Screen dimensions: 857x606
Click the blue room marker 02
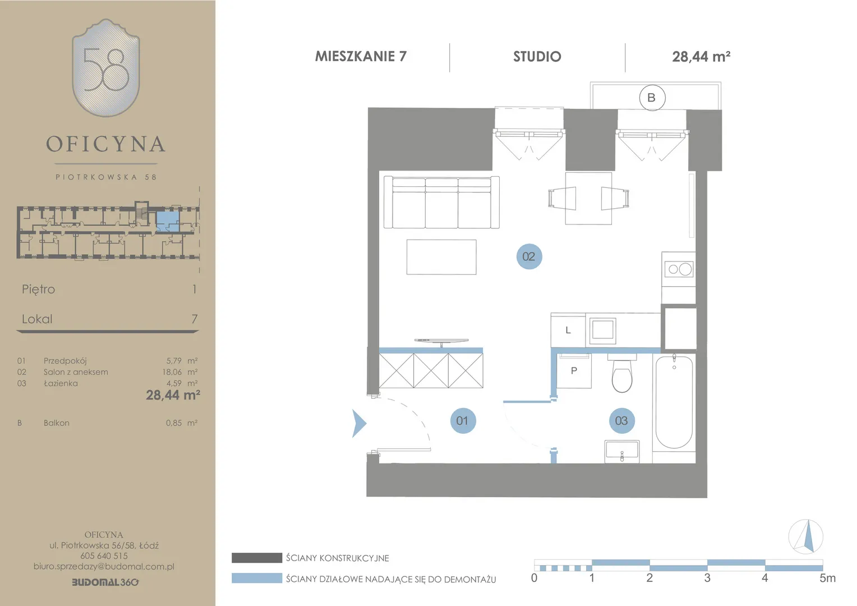(x=529, y=256)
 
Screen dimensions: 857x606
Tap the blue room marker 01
(x=463, y=421)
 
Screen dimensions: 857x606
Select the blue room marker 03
(x=621, y=421)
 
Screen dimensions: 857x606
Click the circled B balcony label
(x=652, y=98)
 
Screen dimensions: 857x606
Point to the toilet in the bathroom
(x=622, y=373)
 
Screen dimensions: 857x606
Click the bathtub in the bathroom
(x=674, y=402)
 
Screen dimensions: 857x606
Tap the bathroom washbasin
(x=622, y=451)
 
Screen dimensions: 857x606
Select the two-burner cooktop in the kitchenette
(x=679, y=269)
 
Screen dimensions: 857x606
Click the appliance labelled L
(x=568, y=330)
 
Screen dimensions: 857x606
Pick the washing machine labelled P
(x=574, y=370)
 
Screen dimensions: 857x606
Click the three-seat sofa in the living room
(x=441, y=202)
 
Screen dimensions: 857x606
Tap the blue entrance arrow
(x=359, y=424)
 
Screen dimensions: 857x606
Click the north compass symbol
(x=806, y=536)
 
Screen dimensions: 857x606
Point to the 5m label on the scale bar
(x=827, y=578)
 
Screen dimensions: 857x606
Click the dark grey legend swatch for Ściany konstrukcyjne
(x=257, y=558)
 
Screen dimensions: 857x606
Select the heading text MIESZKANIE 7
(x=361, y=56)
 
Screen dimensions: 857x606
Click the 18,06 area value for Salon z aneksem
(x=172, y=371)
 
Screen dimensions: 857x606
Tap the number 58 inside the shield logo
(x=106, y=69)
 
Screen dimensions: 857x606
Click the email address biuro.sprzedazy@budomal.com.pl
(x=104, y=566)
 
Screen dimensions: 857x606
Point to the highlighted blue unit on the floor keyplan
(x=168, y=221)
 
